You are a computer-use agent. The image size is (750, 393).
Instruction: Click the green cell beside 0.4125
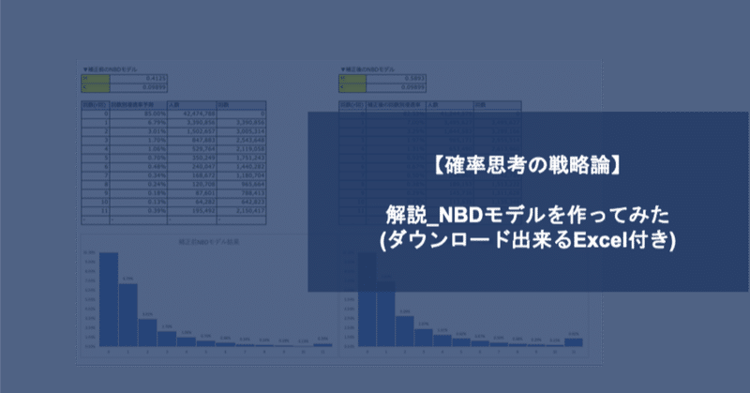click(95, 79)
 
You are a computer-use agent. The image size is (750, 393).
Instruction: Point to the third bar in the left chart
click(147, 332)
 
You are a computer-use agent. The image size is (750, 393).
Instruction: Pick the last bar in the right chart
click(587, 341)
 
